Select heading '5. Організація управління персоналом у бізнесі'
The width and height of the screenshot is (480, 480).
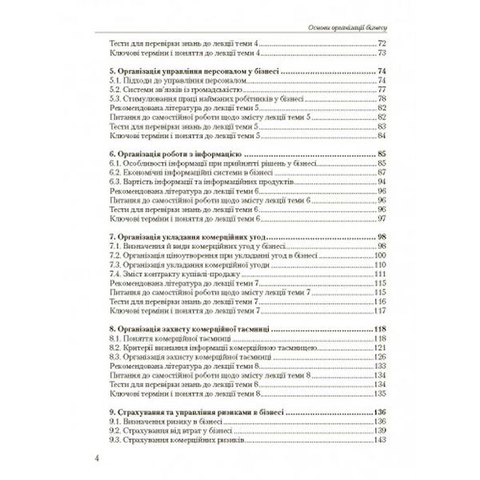192,72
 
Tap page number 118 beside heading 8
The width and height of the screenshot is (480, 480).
380,329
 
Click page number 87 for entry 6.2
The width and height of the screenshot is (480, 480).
382,172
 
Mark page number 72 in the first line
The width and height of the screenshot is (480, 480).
382,42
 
